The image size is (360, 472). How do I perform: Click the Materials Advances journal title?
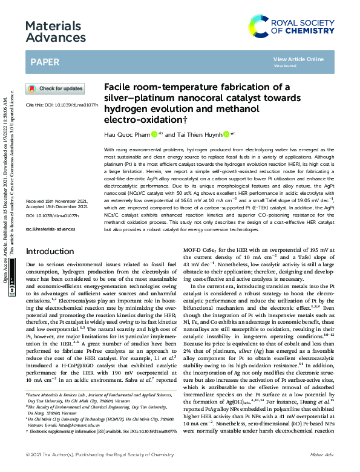click(53, 33)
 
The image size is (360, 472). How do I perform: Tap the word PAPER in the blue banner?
click(45, 62)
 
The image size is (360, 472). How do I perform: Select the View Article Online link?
click(298, 59)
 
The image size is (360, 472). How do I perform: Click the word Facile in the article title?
click(119, 87)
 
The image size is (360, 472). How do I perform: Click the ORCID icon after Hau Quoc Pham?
click(154, 135)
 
